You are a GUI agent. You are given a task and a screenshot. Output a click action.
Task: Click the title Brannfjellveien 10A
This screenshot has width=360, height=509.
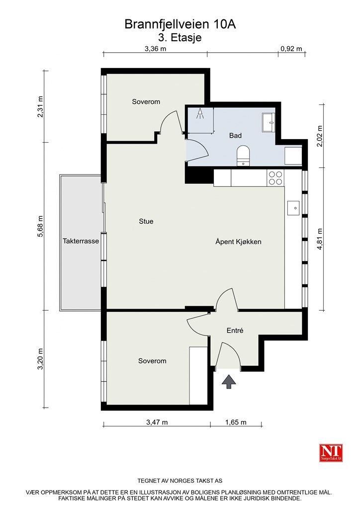coord(179,24)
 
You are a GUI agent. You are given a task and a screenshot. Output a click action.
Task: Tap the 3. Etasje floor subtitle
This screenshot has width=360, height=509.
coord(179,37)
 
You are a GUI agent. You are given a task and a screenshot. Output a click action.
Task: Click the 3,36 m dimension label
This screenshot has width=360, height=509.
coord(155,49)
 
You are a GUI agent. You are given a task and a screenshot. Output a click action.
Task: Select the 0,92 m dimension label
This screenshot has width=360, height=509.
coord(291,49)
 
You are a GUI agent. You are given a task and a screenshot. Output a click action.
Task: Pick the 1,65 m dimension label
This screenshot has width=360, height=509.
coord(236,423)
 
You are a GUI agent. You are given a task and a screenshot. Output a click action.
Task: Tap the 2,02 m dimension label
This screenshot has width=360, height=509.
coord(320,135)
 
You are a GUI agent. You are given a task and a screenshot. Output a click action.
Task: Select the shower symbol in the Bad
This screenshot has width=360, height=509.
coord(200,114)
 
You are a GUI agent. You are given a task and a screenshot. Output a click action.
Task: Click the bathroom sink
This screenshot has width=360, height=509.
coord(269,122)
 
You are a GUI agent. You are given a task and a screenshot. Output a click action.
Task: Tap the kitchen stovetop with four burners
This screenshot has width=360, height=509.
coord(275,178)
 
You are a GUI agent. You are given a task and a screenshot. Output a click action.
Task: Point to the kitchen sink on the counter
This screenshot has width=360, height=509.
coord(294,207)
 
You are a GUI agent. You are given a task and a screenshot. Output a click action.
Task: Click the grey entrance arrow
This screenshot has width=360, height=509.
coord(229,382)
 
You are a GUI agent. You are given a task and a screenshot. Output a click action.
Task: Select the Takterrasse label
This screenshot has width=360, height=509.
coord(81,241)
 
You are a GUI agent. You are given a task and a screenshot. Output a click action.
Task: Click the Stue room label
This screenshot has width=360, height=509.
coord(146,221)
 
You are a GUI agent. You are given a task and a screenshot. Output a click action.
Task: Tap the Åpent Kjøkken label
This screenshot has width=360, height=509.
coord(238,242)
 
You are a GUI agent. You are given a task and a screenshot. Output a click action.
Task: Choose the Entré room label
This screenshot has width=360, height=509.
coord(235,330)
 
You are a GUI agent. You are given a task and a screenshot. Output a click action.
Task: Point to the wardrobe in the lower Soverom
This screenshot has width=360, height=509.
coord(198,375)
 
